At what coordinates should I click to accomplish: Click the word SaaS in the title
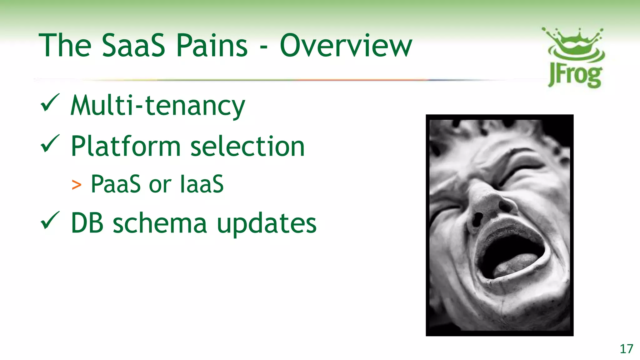(x=133, y=46)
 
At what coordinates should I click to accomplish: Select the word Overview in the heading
(x=346, y=46)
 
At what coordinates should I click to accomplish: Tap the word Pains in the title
(x=212, y=46)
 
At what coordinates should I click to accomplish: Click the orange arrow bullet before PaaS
(x=76, y=185)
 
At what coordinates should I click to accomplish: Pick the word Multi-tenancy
(x=158, y=106)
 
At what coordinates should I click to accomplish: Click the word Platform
(x=126, y=146)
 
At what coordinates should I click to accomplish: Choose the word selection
(x=247, y=146)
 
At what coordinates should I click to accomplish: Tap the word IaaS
(x=202, y=184)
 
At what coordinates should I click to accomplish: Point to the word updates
(x=267, y=224)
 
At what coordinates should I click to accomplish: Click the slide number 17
(x=626, y=349)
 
